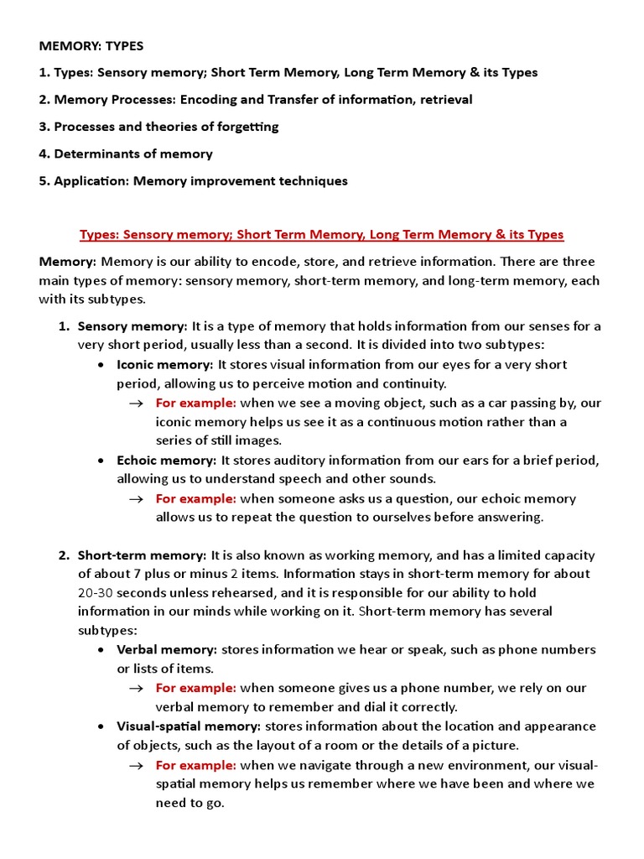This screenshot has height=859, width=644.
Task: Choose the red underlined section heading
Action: coord(321,234)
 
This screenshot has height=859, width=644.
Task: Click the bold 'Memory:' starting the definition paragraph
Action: coord(67,262)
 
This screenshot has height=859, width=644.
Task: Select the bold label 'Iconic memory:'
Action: coord(165,365)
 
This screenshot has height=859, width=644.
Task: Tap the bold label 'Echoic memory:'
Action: coord(167,461)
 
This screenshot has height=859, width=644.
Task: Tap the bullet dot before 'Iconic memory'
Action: coord(101,366)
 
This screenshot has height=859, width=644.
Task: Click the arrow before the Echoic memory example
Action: coord(137,499)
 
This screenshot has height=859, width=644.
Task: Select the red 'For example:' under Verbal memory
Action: coord(195,688)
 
